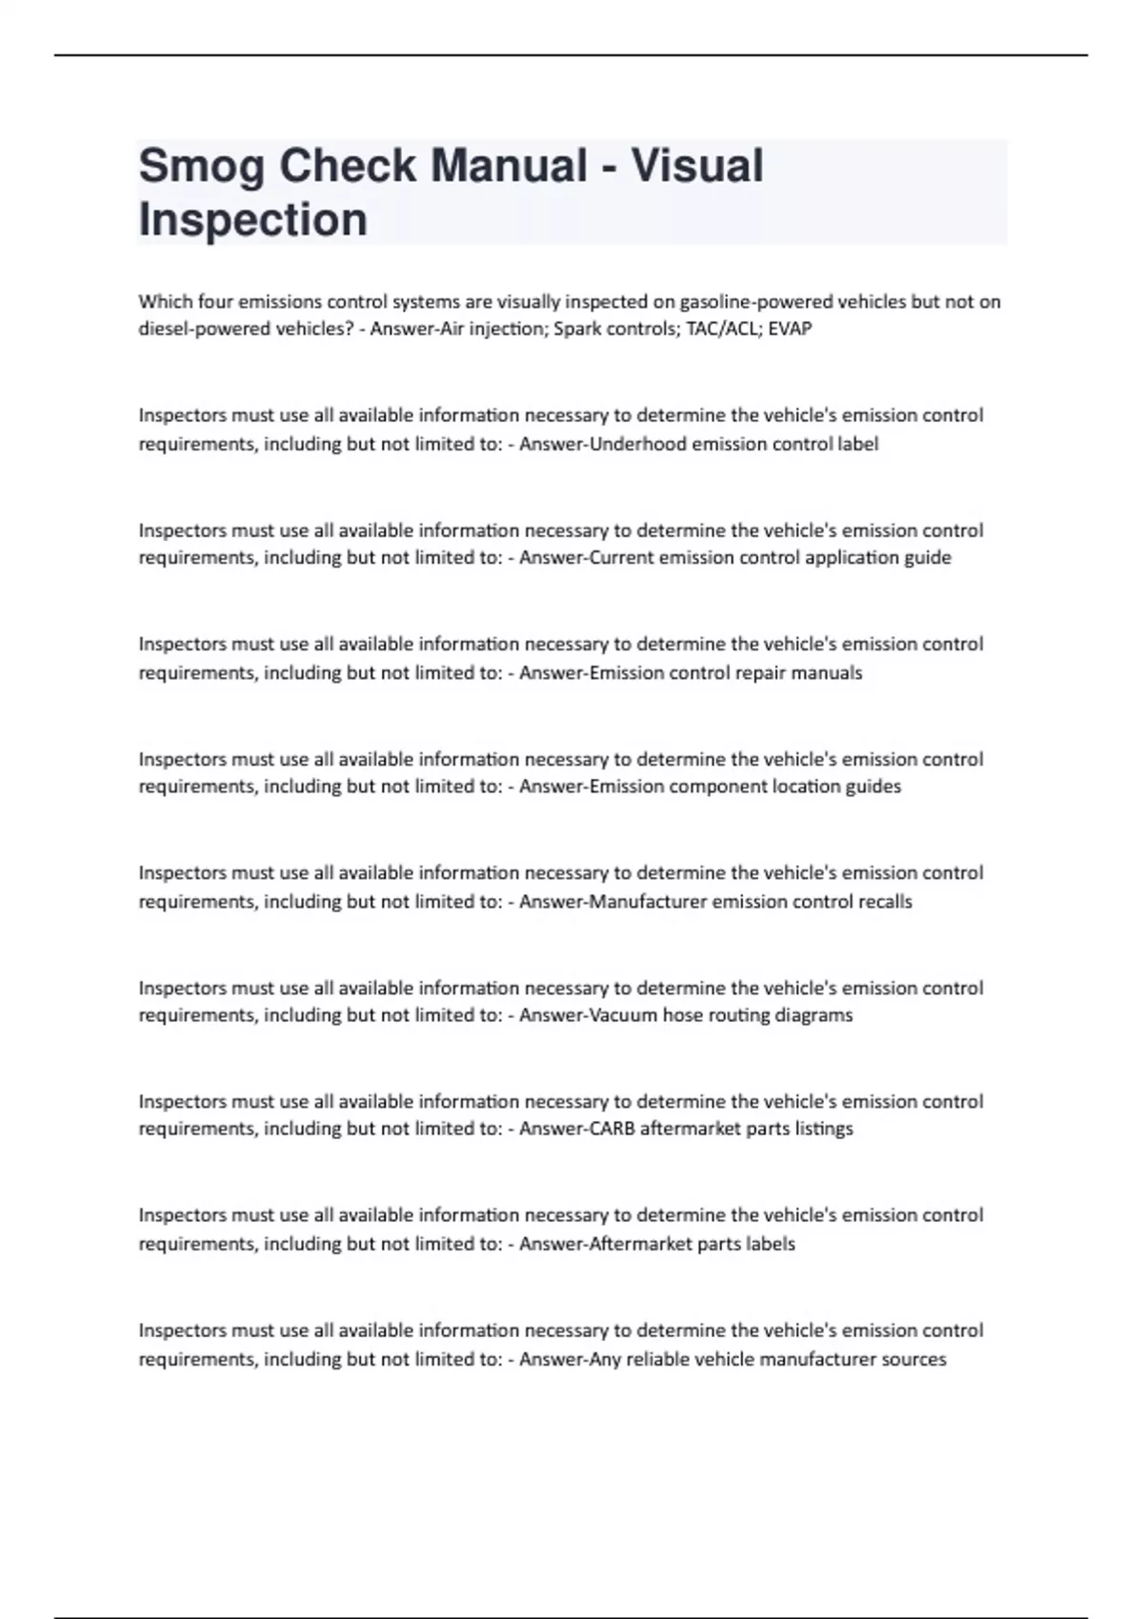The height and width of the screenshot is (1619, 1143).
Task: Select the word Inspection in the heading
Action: click(252, 220)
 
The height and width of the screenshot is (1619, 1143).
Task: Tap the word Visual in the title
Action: click(697, 167)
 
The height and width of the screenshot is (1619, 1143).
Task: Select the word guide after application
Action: click(930, 558)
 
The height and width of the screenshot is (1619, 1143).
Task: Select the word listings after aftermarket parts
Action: click(824, 1129)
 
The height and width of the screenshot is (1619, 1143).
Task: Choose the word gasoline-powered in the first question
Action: click(744, 302)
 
